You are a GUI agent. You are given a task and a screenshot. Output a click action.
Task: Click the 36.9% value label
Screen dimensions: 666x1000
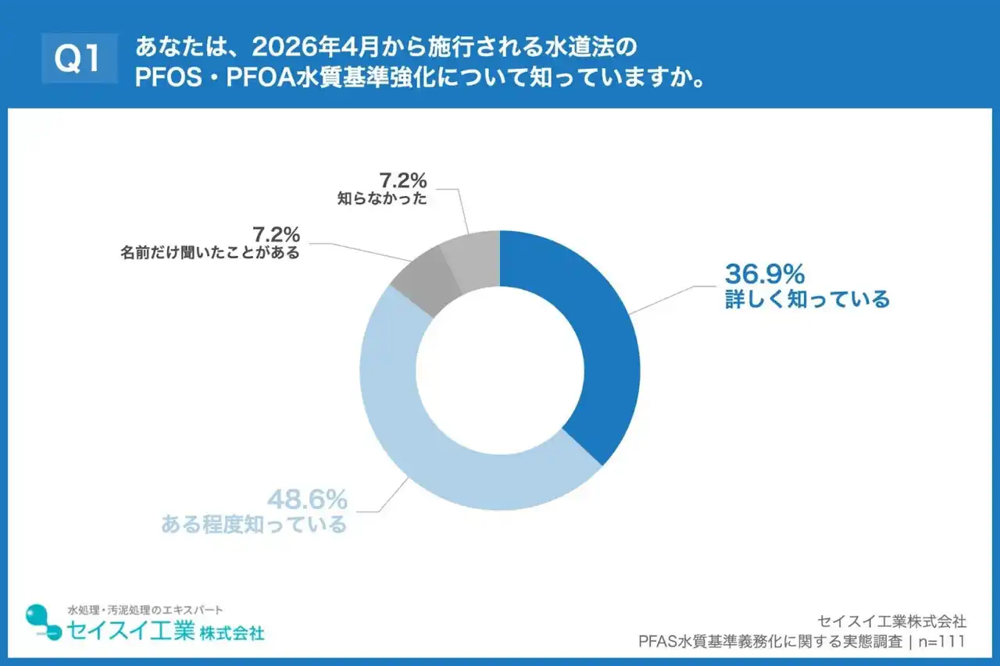pyautogui.click(x=765, y=274)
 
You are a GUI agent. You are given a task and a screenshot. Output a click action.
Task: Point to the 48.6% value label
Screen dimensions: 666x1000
pyautogui.click(x=307, y=499)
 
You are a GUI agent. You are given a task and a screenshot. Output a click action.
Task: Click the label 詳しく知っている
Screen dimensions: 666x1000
pyautogui.click(x=807, y=299)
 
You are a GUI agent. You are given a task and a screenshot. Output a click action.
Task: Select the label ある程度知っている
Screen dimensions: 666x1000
pyautogui.click(x=254, y=524)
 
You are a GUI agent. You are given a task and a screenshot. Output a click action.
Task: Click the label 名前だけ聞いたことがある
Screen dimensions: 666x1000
pyautogui.click(x=210, y=253)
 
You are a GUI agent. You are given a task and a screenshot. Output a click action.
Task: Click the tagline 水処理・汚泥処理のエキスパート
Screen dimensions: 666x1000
pyautogui.click(x=145, y=609)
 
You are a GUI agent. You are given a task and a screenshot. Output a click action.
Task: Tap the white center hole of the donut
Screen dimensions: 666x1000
pyautogui.click(x=500, y=370)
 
